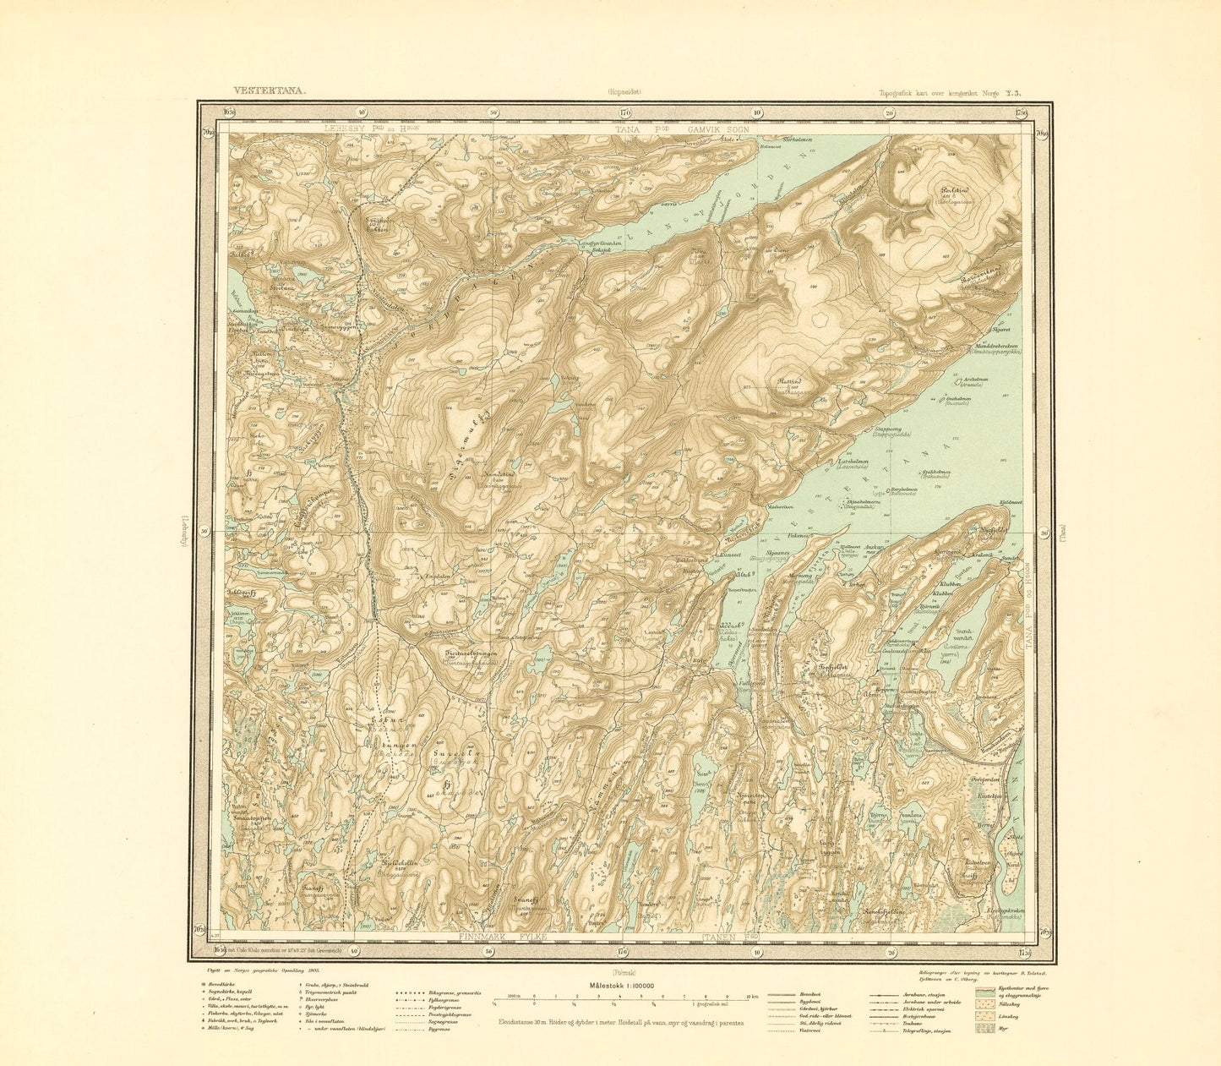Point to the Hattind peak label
coord(788,382)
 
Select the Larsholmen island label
coord(848,462)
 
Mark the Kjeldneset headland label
coord(1011,502)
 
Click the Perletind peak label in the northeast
coord(950,193)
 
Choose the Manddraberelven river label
coord(988,344)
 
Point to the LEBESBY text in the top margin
coord(341,129)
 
